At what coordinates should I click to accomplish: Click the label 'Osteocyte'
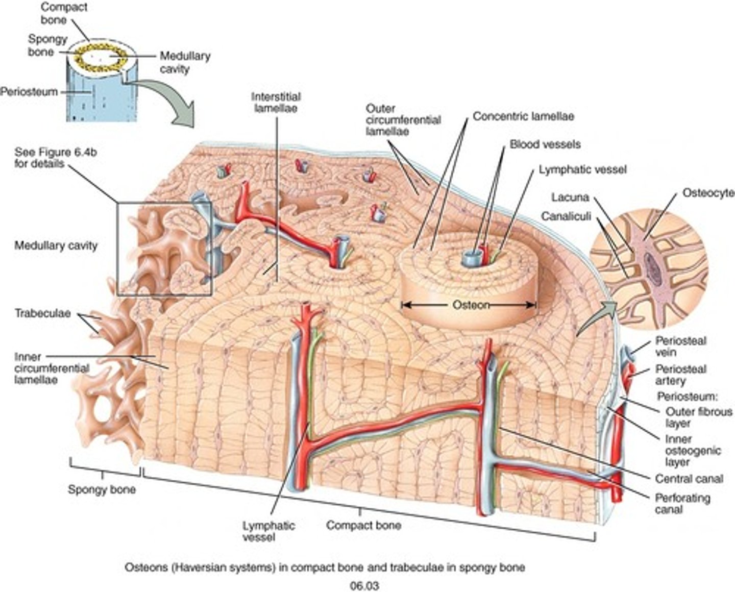tap(708, 193)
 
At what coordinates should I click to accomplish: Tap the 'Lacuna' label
tap(570, 197)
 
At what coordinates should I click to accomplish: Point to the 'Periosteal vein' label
tap(680, 346)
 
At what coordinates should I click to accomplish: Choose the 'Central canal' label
tap(689, 479)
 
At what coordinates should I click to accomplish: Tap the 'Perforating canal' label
tap(682, 503)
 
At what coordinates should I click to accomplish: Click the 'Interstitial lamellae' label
tap(276, 102)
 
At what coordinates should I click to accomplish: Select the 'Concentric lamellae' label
tap(523, 116)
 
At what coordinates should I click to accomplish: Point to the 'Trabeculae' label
tap(42, 313)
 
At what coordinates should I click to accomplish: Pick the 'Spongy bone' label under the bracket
tap(102, 490)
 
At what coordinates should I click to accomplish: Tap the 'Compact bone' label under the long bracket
tap(363, 525)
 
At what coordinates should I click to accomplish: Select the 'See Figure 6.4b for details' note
tap(39, 158)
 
